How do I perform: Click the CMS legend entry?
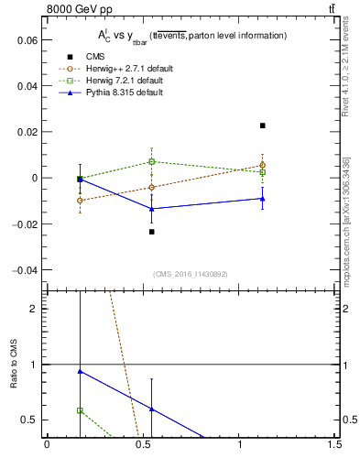pyautogui.click(x=96, y=57)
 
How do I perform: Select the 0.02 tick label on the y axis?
pyautogui.click(x=28, y=132)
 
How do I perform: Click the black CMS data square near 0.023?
pyautogui.click(x=263, y=125)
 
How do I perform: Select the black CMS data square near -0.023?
pyautogui.click(x=152, y=231)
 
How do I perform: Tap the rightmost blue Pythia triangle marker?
pyautogui.click(x=263, y=198)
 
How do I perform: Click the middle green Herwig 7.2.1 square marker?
pyautogui.click(x=152, y=162)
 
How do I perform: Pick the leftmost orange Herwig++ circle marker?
pyautogui.click(x=81, y=200)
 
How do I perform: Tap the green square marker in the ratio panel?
pyautogui.click(x=81, y=410)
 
